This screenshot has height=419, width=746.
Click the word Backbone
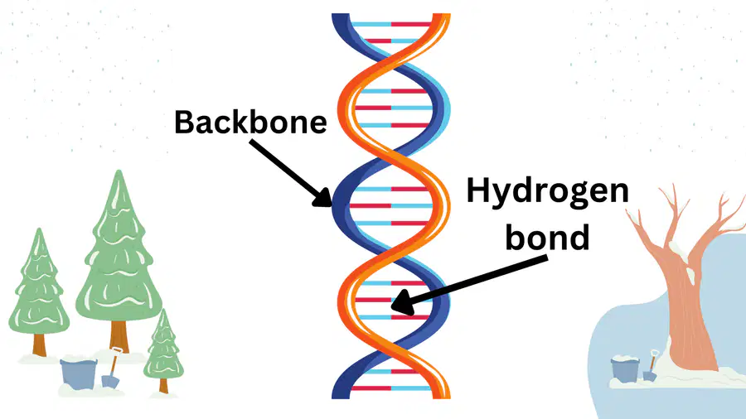click(250, 122)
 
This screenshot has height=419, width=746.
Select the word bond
click(547, 237)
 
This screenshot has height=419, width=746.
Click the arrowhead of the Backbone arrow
click(323, 199)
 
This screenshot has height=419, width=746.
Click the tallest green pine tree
click(119, 257)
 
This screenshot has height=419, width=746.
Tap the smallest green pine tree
click(163, 349)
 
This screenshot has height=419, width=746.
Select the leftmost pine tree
click(39, 290)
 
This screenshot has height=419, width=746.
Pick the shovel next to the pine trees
click(112, 369)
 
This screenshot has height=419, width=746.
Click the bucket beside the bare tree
click(624, 369)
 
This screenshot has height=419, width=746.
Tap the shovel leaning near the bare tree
click(651, 366)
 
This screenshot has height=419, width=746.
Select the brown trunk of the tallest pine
click(119, 336)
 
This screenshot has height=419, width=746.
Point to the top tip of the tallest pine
click(119, 171)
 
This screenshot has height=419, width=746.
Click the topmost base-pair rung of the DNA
click(391, 24)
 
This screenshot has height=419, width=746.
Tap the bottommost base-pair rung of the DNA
click(391, 388)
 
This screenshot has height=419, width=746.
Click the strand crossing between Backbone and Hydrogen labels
click(391, 157)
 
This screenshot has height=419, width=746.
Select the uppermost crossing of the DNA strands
click(391, 63)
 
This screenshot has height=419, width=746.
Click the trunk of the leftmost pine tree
click(39, 345)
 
